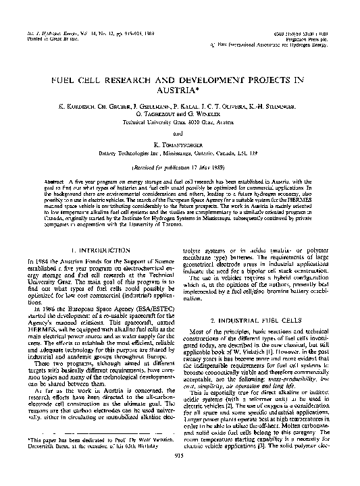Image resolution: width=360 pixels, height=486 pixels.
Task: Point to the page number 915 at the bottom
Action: pos(180,474)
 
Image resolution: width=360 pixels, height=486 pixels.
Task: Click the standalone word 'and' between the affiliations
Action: pos(180,134)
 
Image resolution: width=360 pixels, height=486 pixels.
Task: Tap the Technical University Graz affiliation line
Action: pos(180,123)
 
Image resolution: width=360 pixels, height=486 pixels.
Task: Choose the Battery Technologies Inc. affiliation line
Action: pos(180,155)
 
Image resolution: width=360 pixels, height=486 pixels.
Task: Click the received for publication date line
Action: pos(180,167)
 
